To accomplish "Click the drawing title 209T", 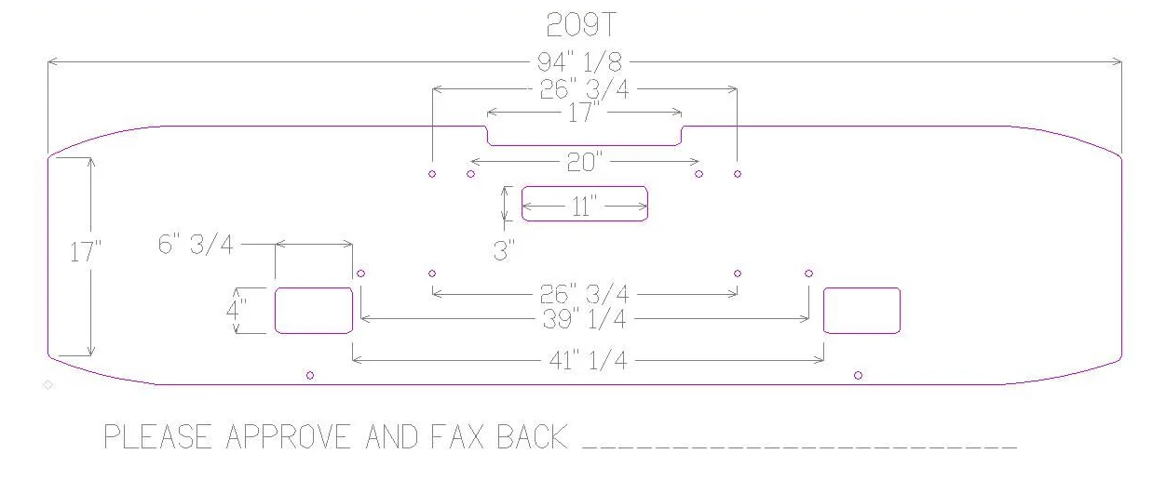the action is coord(581,25).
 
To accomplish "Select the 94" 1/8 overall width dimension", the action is coord(579,62).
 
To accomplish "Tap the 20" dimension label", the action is coord(584,162).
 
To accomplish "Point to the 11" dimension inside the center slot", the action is coord(584,207).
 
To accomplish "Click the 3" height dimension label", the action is coord(504,250).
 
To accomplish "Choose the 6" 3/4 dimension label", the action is coord(196,244).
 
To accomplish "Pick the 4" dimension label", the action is coord(236,310).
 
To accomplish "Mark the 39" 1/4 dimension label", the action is coord(584,318).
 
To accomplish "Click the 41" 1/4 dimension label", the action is coord(589,360).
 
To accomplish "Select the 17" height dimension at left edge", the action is coord(85,252).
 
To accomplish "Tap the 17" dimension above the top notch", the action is coord(584,113).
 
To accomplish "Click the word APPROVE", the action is coord(288,437).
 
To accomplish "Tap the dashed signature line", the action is coord(800,447).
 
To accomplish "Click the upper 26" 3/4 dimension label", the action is coord(584,89).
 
